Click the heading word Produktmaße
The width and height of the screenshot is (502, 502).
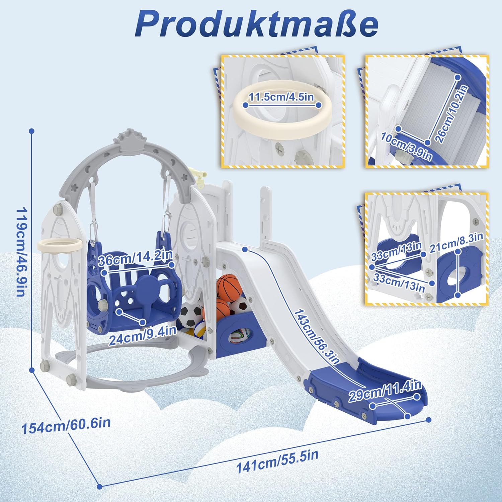pos(257,24)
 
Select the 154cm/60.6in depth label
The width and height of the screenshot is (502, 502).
pos(66,425)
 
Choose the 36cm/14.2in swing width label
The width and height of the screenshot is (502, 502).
pos(135,258)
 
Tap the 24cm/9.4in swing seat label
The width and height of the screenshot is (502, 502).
pos(143,335)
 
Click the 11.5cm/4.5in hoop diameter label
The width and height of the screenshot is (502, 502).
pos(281,97)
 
